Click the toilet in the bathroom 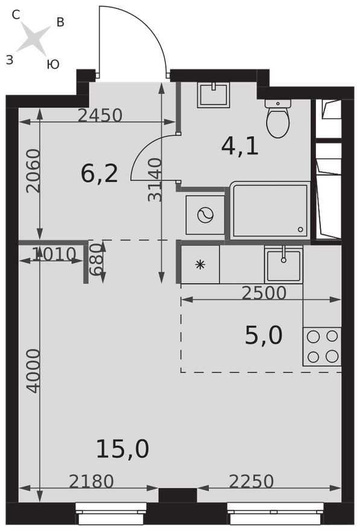click(277, 118)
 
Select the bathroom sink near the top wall click(213, 95)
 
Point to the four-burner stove click(322, 346)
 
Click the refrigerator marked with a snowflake click(200, 264)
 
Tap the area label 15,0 click(122, 449)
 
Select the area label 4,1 click(240, 146)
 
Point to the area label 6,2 click(99, 174)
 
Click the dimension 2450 click(100, 115)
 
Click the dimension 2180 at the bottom click(91, 481)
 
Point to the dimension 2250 click(251, 481)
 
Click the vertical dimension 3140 click(155, 179)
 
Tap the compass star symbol click(33, 39)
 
